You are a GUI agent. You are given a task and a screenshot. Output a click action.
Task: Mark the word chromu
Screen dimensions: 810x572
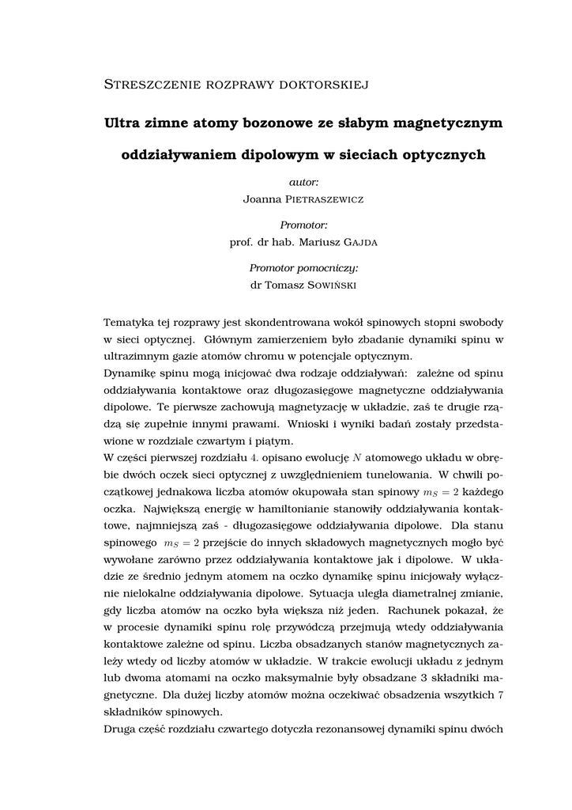click(x=258, y=356)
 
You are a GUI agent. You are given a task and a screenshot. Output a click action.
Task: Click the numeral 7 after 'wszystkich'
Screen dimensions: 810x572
click(x=502, y=695)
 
